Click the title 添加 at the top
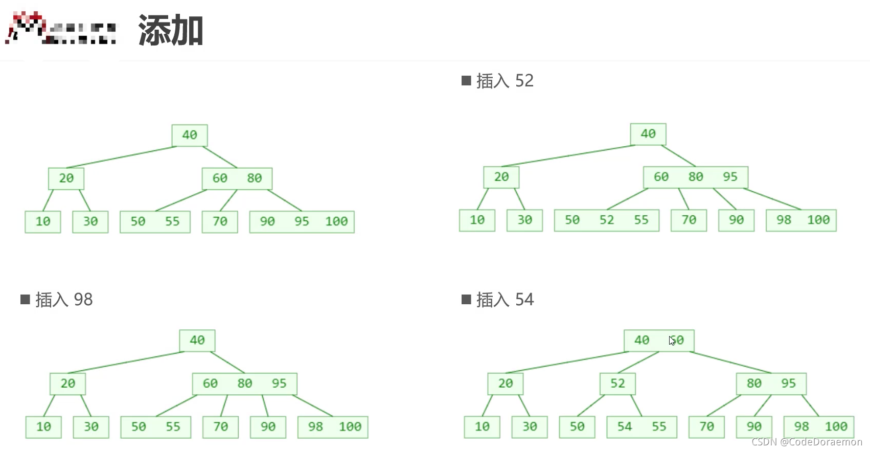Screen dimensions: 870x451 (x=171, y=31)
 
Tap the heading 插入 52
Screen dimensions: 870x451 (x=504, y=81)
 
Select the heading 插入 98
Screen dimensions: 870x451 (x=63, y=300)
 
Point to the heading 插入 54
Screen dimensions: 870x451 (x=504, y=300)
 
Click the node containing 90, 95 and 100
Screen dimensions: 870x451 (x=302, y=222)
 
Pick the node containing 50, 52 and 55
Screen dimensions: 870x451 (x=606, y=220)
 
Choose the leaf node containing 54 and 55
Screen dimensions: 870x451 (x=642, y=427)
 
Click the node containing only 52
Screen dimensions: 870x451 (x=617, y=384)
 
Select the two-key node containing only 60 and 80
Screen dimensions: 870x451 (x=237, y=178)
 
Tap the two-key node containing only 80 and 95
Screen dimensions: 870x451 (x=771, y=384)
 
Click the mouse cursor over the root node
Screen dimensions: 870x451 (x=672, y=341)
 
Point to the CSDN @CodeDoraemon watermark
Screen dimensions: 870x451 (x=807, y=442)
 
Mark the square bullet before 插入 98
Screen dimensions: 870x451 (x=25, y=300)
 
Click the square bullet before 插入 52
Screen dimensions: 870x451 (x=466, y=81)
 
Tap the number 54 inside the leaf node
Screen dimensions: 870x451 (x=625, y=427)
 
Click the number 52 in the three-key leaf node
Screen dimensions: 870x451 (x=607, y=220)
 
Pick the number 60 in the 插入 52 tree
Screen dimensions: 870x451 (x=661, y=177)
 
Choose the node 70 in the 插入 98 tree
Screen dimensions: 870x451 (x=220, y=427)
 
